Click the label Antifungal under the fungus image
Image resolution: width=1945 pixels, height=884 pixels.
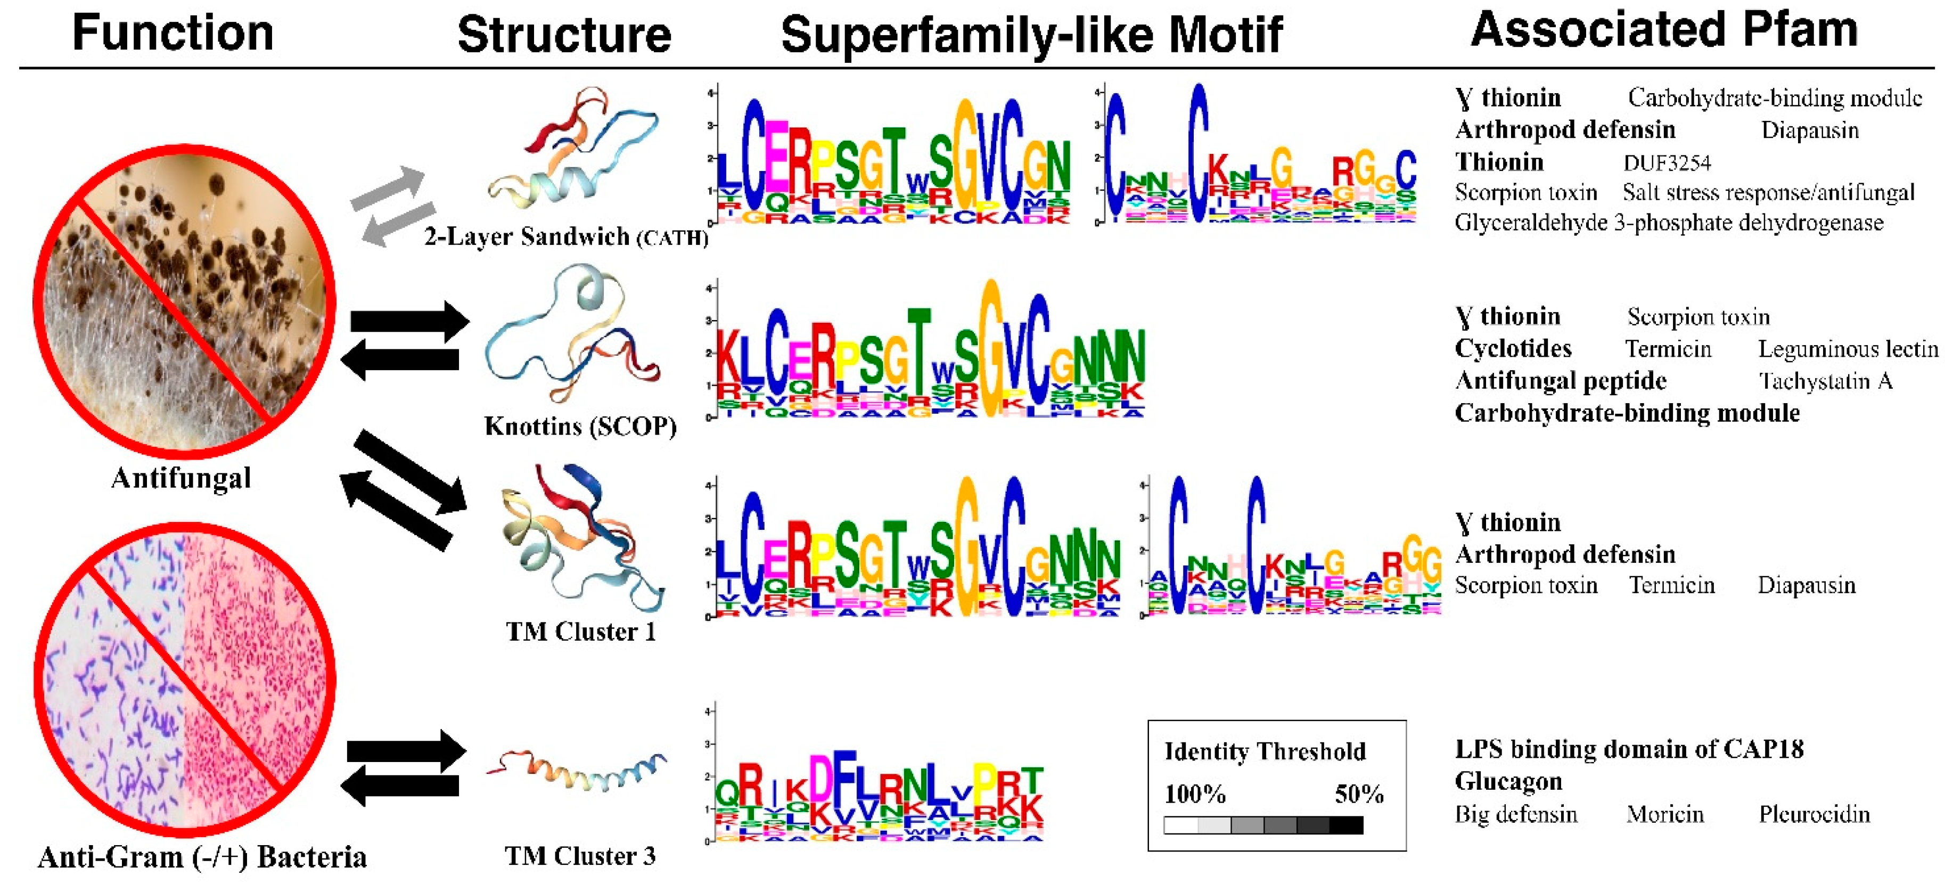pos(181,478)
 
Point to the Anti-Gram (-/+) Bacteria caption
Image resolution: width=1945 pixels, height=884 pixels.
pos(202,857)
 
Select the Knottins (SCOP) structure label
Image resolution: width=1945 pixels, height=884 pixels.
pos(580,426)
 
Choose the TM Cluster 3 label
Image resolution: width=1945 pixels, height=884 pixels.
pos(580,856)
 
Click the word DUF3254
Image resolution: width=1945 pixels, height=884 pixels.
pos(1667,162)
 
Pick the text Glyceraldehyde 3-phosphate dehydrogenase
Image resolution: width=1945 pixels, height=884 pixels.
pos(1669,223)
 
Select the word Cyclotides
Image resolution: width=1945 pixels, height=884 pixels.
pos(1513,349)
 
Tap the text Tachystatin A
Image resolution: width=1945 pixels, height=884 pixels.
pos(1825,381)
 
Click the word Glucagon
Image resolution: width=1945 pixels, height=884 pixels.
pos(1508,781)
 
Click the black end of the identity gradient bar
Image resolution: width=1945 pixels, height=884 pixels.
pos(1346,825)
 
